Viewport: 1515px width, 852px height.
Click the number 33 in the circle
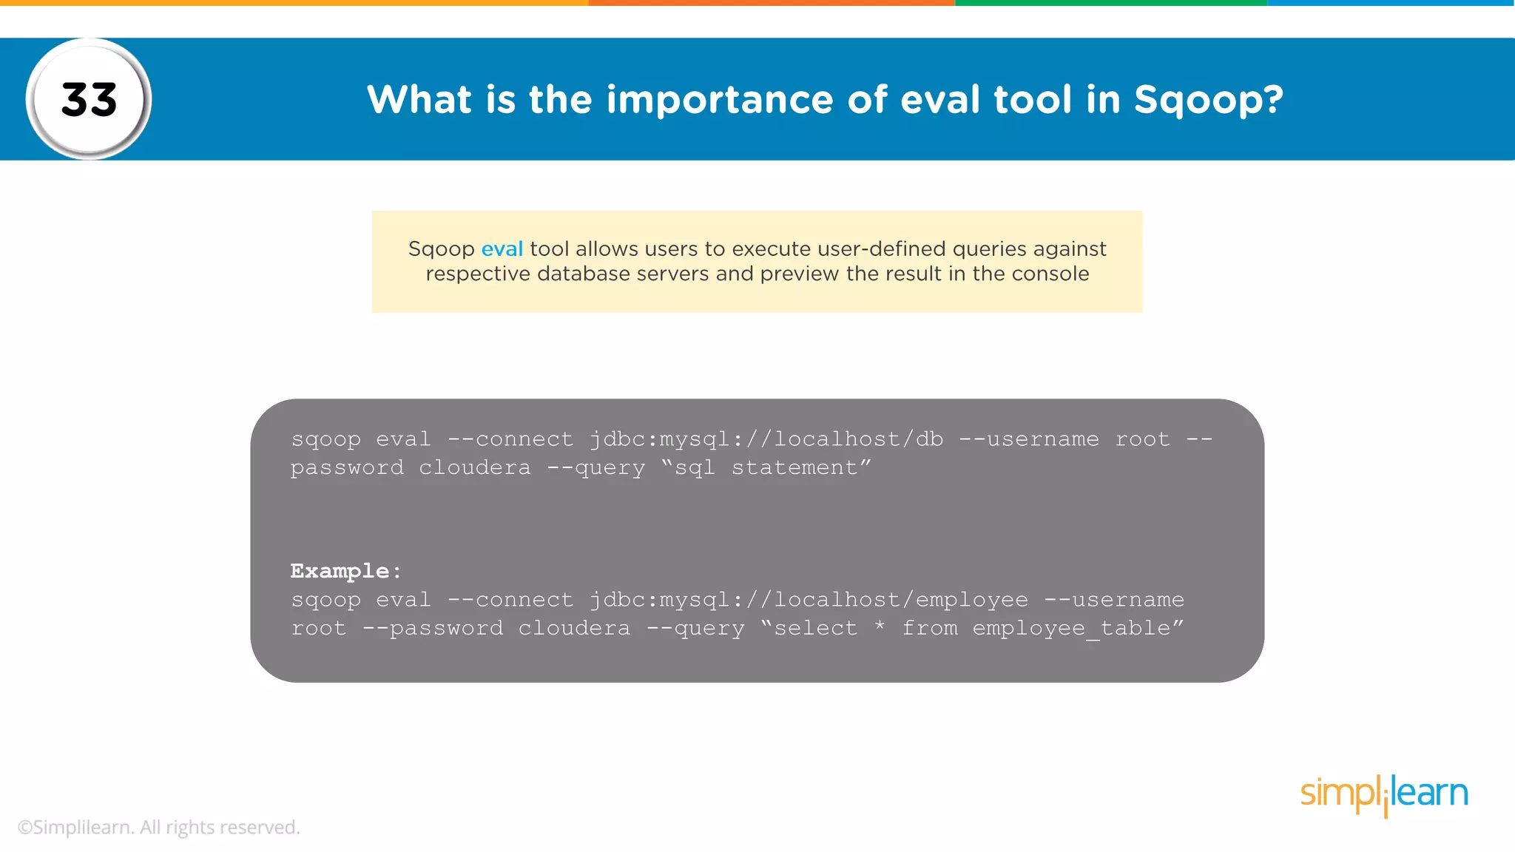(89, 99)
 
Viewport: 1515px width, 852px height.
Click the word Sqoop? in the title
(1208, 100)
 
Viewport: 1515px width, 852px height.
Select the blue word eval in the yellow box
(502, 249)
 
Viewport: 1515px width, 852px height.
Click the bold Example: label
(345, 571)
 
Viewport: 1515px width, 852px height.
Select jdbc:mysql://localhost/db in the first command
(766, 439)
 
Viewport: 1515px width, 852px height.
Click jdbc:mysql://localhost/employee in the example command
(808, 600)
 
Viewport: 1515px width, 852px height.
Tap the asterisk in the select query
(880, 627)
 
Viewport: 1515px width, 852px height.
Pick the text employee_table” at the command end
(1078, 629)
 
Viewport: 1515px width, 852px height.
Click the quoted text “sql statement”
(766, 468)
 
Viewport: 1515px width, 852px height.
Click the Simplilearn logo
(1383, 794)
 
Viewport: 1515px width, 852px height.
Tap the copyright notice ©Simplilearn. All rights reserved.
(159, 828)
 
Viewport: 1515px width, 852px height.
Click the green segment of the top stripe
(1110, 3)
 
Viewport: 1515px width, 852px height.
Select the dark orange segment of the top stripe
(772, 3)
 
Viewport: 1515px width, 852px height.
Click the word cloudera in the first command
(474, 468)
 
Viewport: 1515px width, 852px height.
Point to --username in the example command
(1113, 600)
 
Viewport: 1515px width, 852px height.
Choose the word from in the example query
(929, 629)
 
